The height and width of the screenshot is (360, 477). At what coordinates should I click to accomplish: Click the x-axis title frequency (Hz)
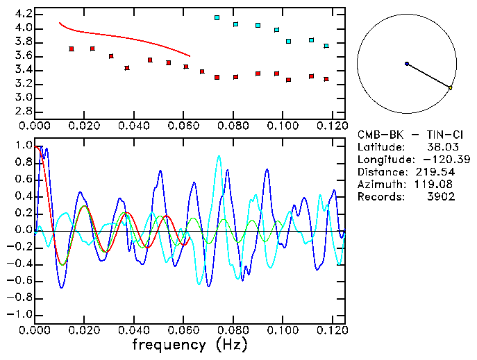tap(190, 344)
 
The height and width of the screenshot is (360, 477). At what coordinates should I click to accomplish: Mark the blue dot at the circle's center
tap(407, 64)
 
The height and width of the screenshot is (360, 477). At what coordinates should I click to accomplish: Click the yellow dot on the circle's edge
tap(451, 88)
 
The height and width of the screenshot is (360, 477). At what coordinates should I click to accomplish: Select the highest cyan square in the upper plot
tap(217, 17)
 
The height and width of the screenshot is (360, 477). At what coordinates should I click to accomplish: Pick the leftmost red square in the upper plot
tap(72, 49)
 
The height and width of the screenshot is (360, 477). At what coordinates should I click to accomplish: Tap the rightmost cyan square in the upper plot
tap(326, 46)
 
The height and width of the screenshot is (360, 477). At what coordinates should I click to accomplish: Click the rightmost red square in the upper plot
tap(326, 79)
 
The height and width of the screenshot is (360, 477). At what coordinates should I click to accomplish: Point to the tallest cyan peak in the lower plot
tap(219, 156)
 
